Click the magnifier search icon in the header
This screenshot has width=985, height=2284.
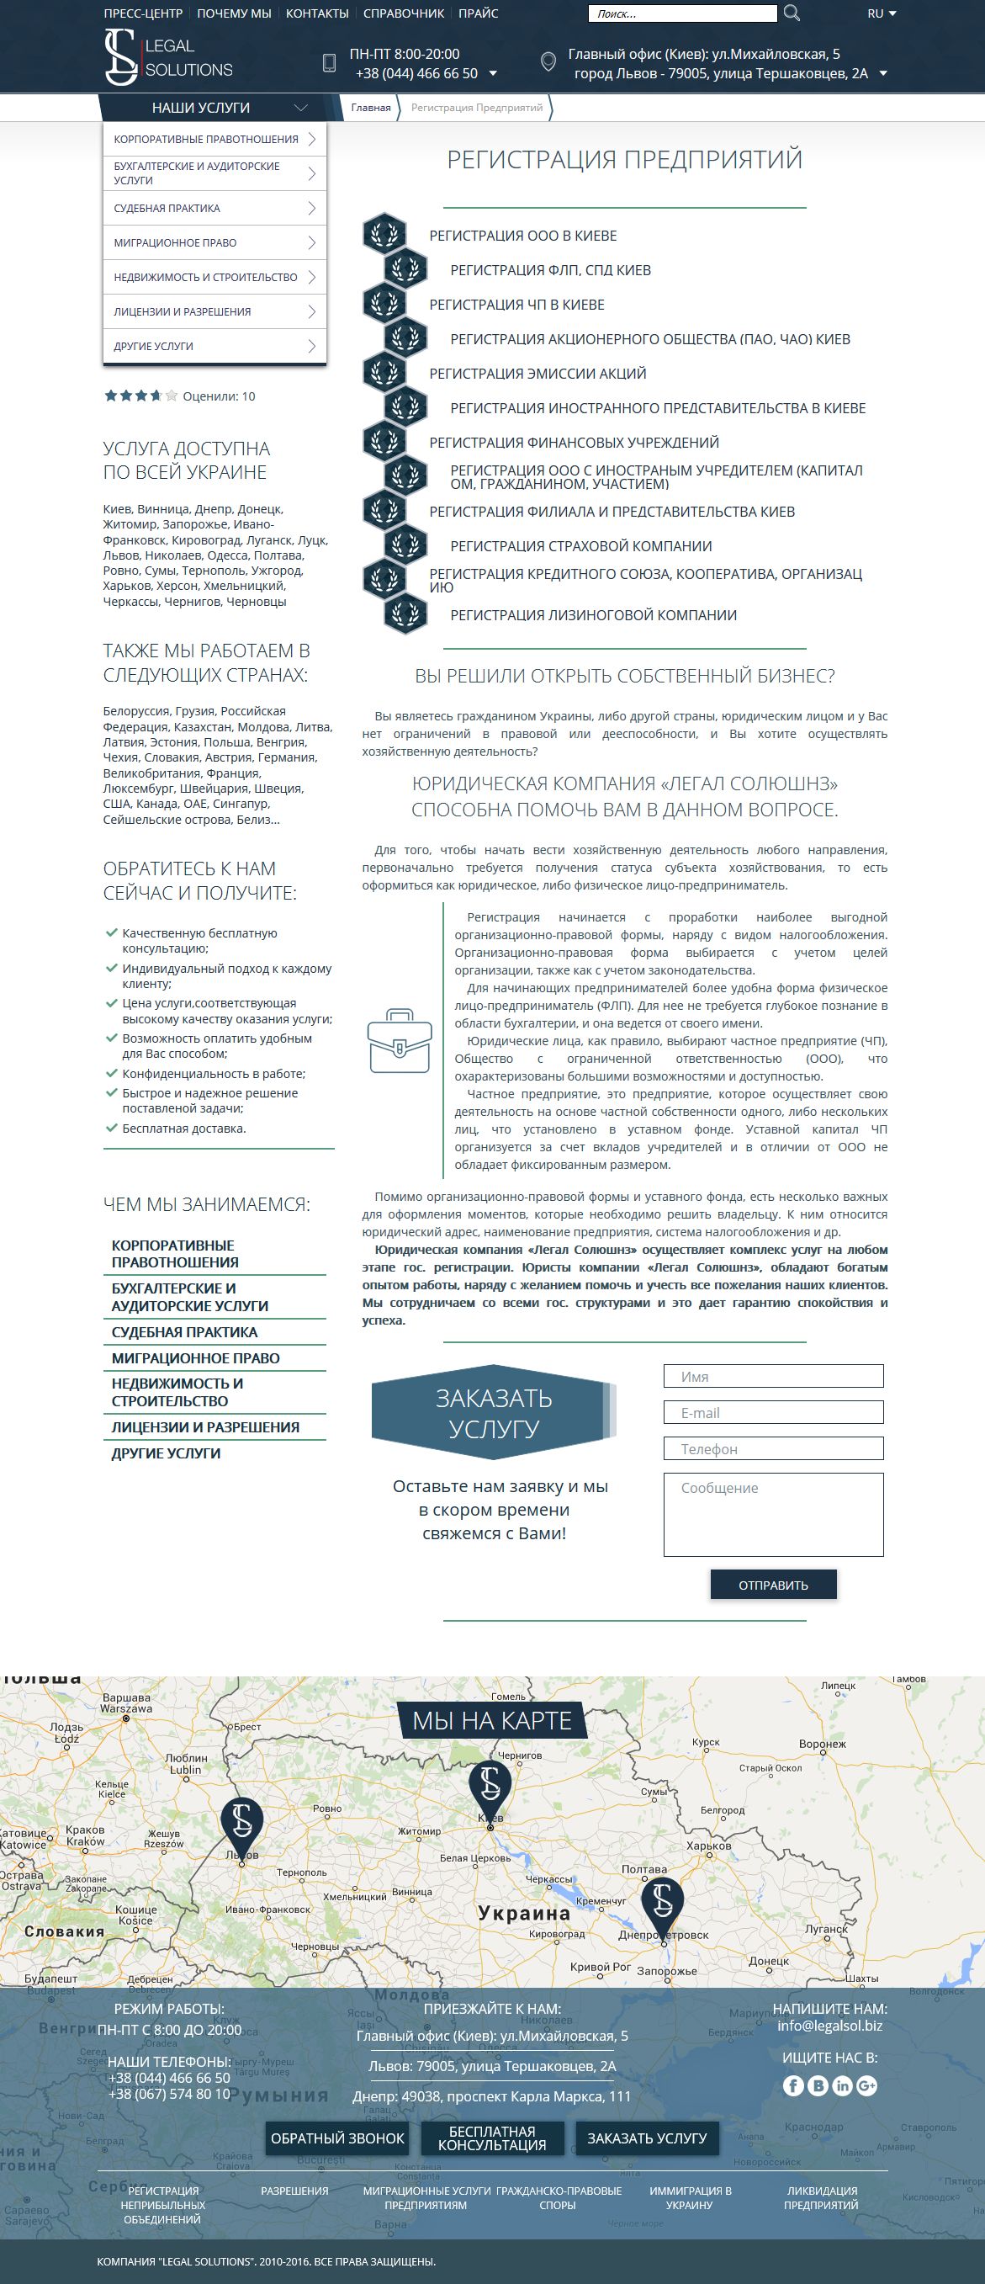[x=792, y=13]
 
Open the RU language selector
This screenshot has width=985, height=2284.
[x=882, y=13]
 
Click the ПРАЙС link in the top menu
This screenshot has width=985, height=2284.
[x=478, y=13]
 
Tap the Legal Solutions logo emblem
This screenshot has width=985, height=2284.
[x=121, y=57]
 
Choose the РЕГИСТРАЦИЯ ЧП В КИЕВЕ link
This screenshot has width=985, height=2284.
[x=516, y=305]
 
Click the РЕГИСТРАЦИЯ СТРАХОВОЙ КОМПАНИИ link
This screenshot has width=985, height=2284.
[x=580, y=546]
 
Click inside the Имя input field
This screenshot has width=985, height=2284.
[x=773, y=1376]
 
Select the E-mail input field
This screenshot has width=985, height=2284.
[x=773, y=1412]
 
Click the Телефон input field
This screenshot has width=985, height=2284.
[x=773, y=1449]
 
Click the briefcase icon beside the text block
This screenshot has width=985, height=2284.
[x=399, y=1041]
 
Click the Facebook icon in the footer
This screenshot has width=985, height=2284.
[x=792, y=2085]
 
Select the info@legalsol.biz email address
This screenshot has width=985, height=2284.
[x=829, y=2025]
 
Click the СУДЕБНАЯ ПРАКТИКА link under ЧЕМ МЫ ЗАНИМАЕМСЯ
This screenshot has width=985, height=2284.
[x=184, y=1331]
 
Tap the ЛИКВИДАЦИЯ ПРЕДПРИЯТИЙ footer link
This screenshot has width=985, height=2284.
[x=821, y=2197]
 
